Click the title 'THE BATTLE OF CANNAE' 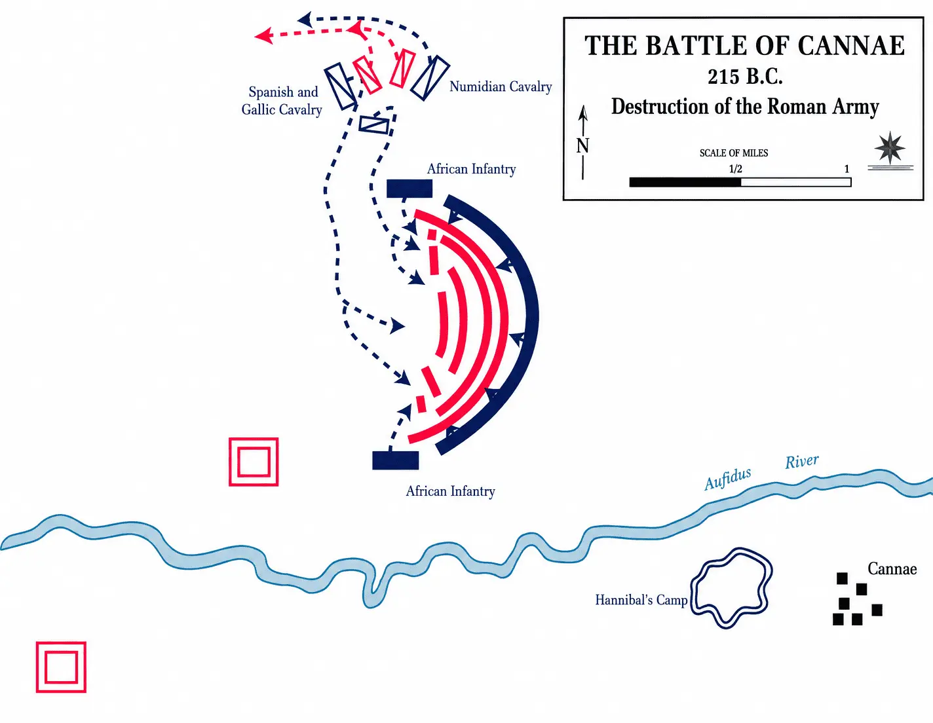pos(744,45)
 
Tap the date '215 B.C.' pos(746,77)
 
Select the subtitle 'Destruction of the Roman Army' pos(746,106)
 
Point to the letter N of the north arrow pos(582,146)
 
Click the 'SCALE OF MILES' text pos(734,153)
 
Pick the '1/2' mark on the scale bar pos(736,168)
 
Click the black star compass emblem pos(890,148)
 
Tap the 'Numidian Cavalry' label pos(501,86)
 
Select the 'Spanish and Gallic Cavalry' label pos(282,101)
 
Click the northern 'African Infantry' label pos(472,169)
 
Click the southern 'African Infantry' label pos(450,491)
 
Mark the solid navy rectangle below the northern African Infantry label pos(409,189)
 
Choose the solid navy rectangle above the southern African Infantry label pos(396,460)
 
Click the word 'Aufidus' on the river pos(728,479)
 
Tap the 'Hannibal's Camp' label pos(641,600)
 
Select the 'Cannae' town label pos(892,569)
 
